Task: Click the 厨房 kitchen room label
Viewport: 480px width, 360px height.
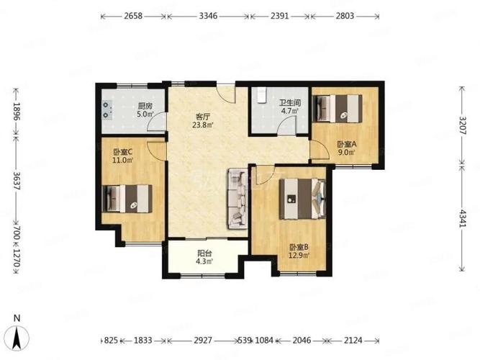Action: point(145,105)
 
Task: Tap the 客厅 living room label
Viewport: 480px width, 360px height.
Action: point(203,115)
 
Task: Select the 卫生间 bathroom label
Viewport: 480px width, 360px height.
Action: point(290,103)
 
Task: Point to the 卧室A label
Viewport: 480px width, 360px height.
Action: point(346,144)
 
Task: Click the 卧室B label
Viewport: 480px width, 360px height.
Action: point(299,246)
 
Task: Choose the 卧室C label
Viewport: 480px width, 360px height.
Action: point(122,152)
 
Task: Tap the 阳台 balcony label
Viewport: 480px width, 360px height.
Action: point(204,253)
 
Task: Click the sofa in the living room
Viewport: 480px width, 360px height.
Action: point(237,199)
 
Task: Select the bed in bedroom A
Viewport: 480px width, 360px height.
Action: point(342,109)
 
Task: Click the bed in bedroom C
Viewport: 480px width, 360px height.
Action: point(127,198)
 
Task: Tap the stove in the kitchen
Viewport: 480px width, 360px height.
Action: point(108,108)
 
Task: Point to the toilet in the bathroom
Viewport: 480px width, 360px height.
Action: point(261,94)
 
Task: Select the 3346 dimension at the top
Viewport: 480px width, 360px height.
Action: point(208,15)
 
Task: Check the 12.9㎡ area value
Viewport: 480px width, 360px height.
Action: point(299,255)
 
